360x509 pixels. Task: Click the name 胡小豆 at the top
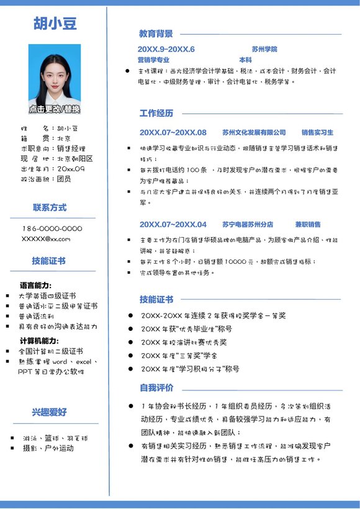point(55,24)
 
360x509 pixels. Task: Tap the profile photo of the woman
point(55,74)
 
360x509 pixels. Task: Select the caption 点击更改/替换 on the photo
point(55,109)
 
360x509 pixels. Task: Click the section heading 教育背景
point(156,34)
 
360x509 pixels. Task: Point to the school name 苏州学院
point(264,49)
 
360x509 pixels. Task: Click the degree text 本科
point(245,60)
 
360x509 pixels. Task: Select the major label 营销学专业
point(153,60)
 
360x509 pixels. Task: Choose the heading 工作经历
point(156,113)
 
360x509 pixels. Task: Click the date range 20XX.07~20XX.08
point(173,132)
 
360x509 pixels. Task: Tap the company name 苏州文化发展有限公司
point(254,132)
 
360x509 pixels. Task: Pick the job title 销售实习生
point(317,132)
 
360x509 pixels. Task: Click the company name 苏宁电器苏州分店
point(247,224)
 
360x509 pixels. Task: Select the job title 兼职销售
point(307,224)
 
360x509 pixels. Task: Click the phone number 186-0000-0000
point(52,228)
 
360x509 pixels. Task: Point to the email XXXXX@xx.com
point(46,238)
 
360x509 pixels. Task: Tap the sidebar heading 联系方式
point(50,207)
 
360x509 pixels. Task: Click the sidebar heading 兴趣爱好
point(50,412)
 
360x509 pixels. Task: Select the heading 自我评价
point(156,388)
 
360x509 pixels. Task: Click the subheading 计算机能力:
point(39,340)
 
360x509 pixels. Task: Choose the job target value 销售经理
point(71,148)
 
